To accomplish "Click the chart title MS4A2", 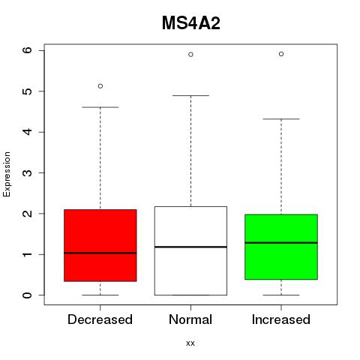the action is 191,23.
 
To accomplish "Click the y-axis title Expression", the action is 7,174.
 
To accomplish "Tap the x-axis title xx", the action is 190,343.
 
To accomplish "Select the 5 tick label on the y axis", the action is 28,91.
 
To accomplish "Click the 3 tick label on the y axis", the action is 28,172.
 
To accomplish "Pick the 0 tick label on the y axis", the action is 28,295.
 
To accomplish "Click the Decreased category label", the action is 100,319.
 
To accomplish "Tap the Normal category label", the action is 190,319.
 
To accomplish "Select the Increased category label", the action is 281,319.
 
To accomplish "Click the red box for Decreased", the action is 100,245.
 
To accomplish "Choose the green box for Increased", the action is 281,247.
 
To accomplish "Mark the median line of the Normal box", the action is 190,247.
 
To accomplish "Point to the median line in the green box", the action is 281,243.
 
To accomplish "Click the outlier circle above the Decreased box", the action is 100,86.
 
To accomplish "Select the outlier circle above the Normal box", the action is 190,55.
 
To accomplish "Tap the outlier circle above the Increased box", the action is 281,54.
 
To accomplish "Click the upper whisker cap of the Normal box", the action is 190,95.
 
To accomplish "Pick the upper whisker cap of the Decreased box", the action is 100,107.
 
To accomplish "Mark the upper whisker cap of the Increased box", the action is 281,119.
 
